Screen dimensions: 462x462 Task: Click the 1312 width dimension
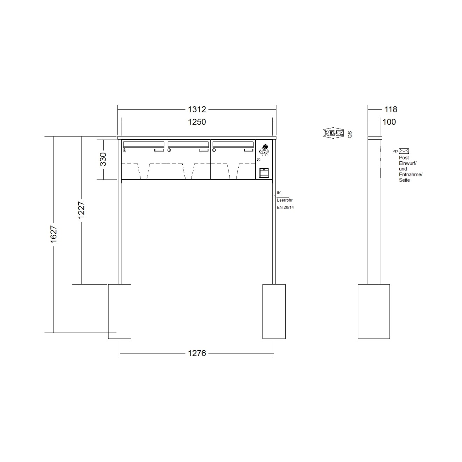197,110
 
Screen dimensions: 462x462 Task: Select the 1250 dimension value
197,122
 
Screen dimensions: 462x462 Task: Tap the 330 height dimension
103,159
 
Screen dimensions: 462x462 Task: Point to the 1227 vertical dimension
81,210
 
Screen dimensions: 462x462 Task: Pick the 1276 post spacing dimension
197,353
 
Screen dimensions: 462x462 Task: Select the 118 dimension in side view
391,110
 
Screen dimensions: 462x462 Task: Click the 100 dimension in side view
389,122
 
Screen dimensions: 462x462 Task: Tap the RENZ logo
333,133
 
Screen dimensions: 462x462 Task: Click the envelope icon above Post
404,151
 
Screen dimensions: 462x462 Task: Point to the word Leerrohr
285,200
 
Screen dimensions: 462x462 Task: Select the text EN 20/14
285,208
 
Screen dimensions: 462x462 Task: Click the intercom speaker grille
264,151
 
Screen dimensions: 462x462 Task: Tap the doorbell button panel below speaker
264,173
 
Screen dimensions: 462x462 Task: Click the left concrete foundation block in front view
119,311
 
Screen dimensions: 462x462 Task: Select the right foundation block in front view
274,311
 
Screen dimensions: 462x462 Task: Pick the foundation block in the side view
373,311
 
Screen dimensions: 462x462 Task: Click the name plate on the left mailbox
159,150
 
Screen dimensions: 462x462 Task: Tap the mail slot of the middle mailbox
189,144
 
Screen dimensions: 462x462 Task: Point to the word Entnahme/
411,175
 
